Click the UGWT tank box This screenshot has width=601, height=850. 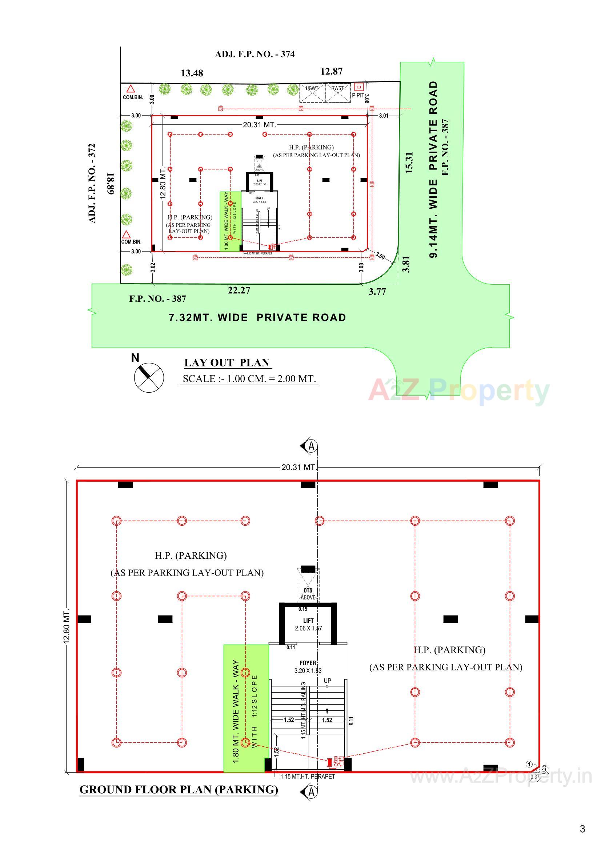(x=312, y=93)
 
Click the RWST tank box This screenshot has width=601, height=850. (x=337, y=93)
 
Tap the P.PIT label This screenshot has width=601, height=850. (x=358, y=95)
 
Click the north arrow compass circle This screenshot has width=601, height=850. (x=148, y=378)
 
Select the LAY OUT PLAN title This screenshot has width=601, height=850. (x=227, y=362)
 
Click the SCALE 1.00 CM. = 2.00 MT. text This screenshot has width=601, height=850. (x=249, y=379)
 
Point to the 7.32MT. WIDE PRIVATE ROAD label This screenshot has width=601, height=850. (x=257, y=317)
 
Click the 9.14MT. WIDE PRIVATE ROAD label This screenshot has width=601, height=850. (x=433, y=169)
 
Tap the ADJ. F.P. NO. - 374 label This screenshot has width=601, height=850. (x=255, y=54)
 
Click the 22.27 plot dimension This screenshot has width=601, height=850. (x=239, y=290)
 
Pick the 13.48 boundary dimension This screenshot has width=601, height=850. (x=192, y=73)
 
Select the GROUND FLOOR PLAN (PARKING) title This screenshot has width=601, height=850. (x=179, y=790)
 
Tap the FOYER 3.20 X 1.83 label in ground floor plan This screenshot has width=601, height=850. (x=308, y=666)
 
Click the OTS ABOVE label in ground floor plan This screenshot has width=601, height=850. (x=308, y=593)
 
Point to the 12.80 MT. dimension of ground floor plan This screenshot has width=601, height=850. (x=67, y=625)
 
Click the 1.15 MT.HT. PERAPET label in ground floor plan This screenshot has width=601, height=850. (x=307, y=776)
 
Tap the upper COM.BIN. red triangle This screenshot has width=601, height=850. (x=130, y=89)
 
